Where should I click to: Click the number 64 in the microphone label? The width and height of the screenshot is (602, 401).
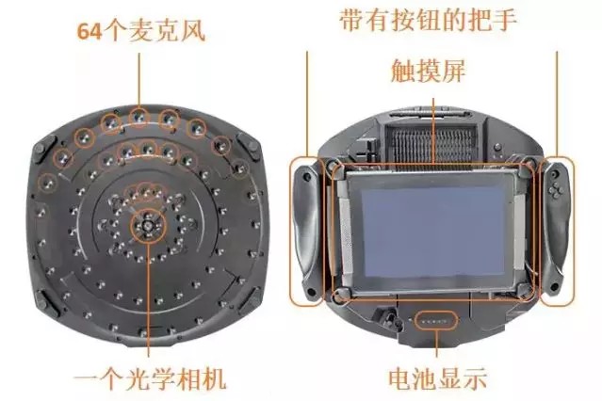click(x=89, y=31)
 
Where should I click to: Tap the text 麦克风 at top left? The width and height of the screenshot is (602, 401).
click(x=167, y=30)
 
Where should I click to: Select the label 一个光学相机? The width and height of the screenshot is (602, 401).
click(x=150, y=379)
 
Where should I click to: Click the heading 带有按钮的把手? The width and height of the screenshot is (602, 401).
click(x=428, y=20)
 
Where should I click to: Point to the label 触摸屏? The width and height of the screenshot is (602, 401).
click(x=428, y=71)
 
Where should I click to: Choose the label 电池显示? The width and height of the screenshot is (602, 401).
click(x=437, y=379)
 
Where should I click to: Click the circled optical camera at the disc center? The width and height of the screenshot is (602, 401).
click(x=148, y=226)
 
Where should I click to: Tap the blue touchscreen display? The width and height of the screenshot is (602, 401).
click(x=432, y=230)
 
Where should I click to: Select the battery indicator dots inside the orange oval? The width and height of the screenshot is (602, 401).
click(x=436, y=320)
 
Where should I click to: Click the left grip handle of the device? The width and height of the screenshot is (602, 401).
click(x=306, y=231)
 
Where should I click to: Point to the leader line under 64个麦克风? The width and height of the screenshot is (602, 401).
click(x=139, y=79)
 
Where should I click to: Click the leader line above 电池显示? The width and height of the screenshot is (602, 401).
click(x=436, y=343)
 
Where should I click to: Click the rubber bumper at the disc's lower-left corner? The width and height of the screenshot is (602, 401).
click(x=47, y=304)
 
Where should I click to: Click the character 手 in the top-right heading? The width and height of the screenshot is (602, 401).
click(x=504, y=20)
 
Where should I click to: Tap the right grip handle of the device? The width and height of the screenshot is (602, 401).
click(x=557, y=231)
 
